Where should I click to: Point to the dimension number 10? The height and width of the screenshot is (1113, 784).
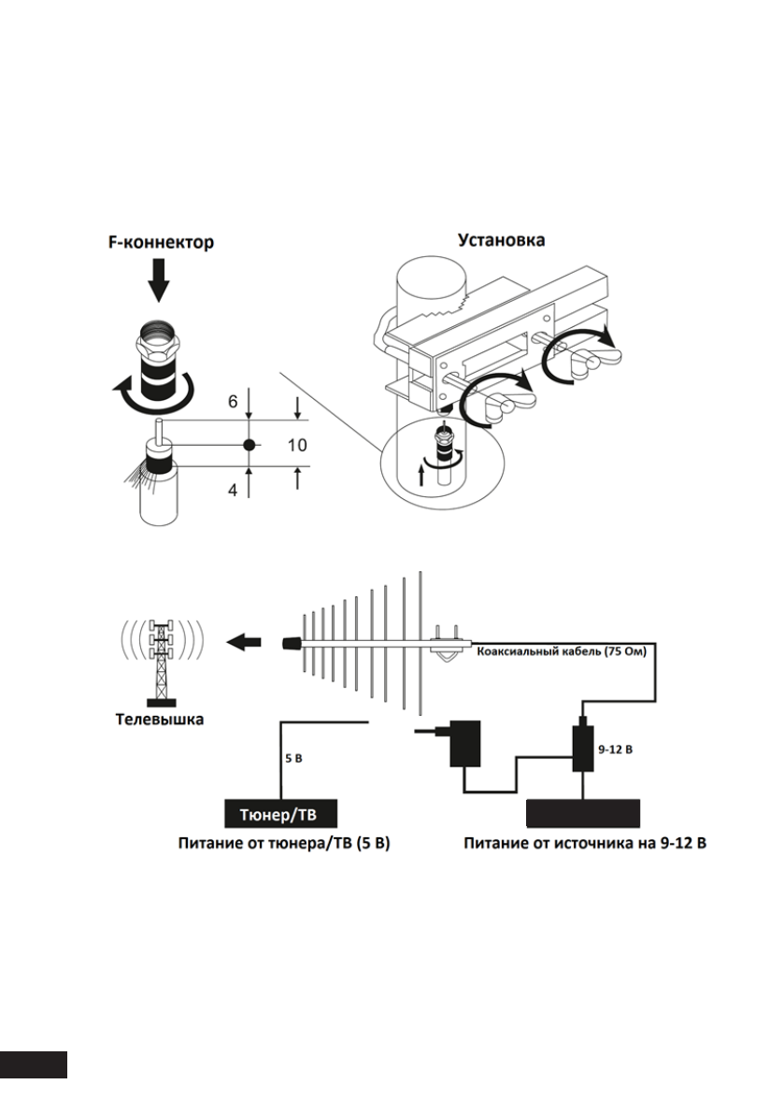pos(295,445)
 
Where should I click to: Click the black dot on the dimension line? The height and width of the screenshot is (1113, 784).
pos(249,445)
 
